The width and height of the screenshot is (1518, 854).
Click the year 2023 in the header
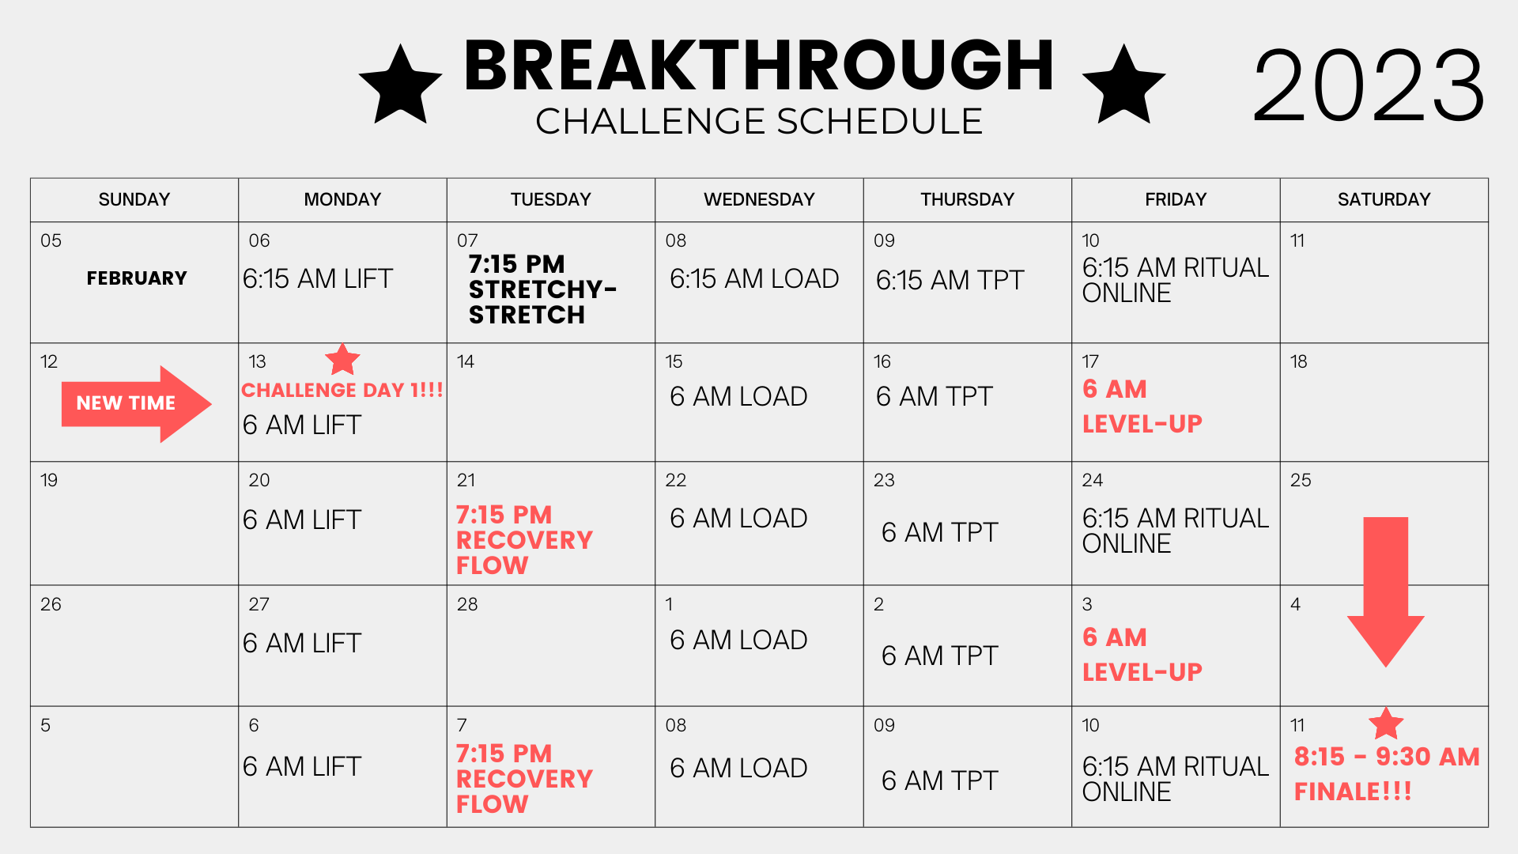pos(1369,85)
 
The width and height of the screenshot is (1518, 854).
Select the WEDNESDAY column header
pos(759,199)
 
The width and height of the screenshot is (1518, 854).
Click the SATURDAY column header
pos(1384,199)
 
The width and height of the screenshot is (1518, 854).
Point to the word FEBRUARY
pos(137,278)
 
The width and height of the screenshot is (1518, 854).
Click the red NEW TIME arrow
pos(137,404)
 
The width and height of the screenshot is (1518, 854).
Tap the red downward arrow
pos(1386,592)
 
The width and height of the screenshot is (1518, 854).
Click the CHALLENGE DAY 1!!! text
pos(342,390)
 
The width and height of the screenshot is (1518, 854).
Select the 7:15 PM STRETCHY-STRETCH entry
pos(542,289)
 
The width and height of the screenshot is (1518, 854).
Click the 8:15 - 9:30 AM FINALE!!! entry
pos(1387,773)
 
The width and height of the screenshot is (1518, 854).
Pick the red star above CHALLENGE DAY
pos(342,360)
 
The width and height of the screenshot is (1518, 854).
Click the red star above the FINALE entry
pos(1386,724)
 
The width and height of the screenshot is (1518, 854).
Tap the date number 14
pos(466,362)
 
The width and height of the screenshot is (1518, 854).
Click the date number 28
pos(467,605)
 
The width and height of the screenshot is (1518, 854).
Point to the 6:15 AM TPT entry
pos(950,280)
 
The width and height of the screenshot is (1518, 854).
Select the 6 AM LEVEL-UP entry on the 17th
pos(1142,406)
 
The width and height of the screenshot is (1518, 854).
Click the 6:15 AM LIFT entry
pos(317,279)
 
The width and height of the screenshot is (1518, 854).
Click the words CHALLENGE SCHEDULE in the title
pos(759,122)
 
